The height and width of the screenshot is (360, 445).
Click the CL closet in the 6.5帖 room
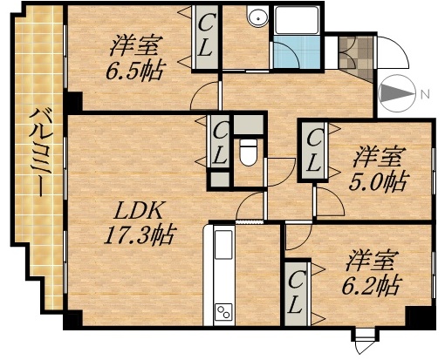point(206,35)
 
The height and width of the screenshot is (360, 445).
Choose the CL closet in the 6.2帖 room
point(297,292)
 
